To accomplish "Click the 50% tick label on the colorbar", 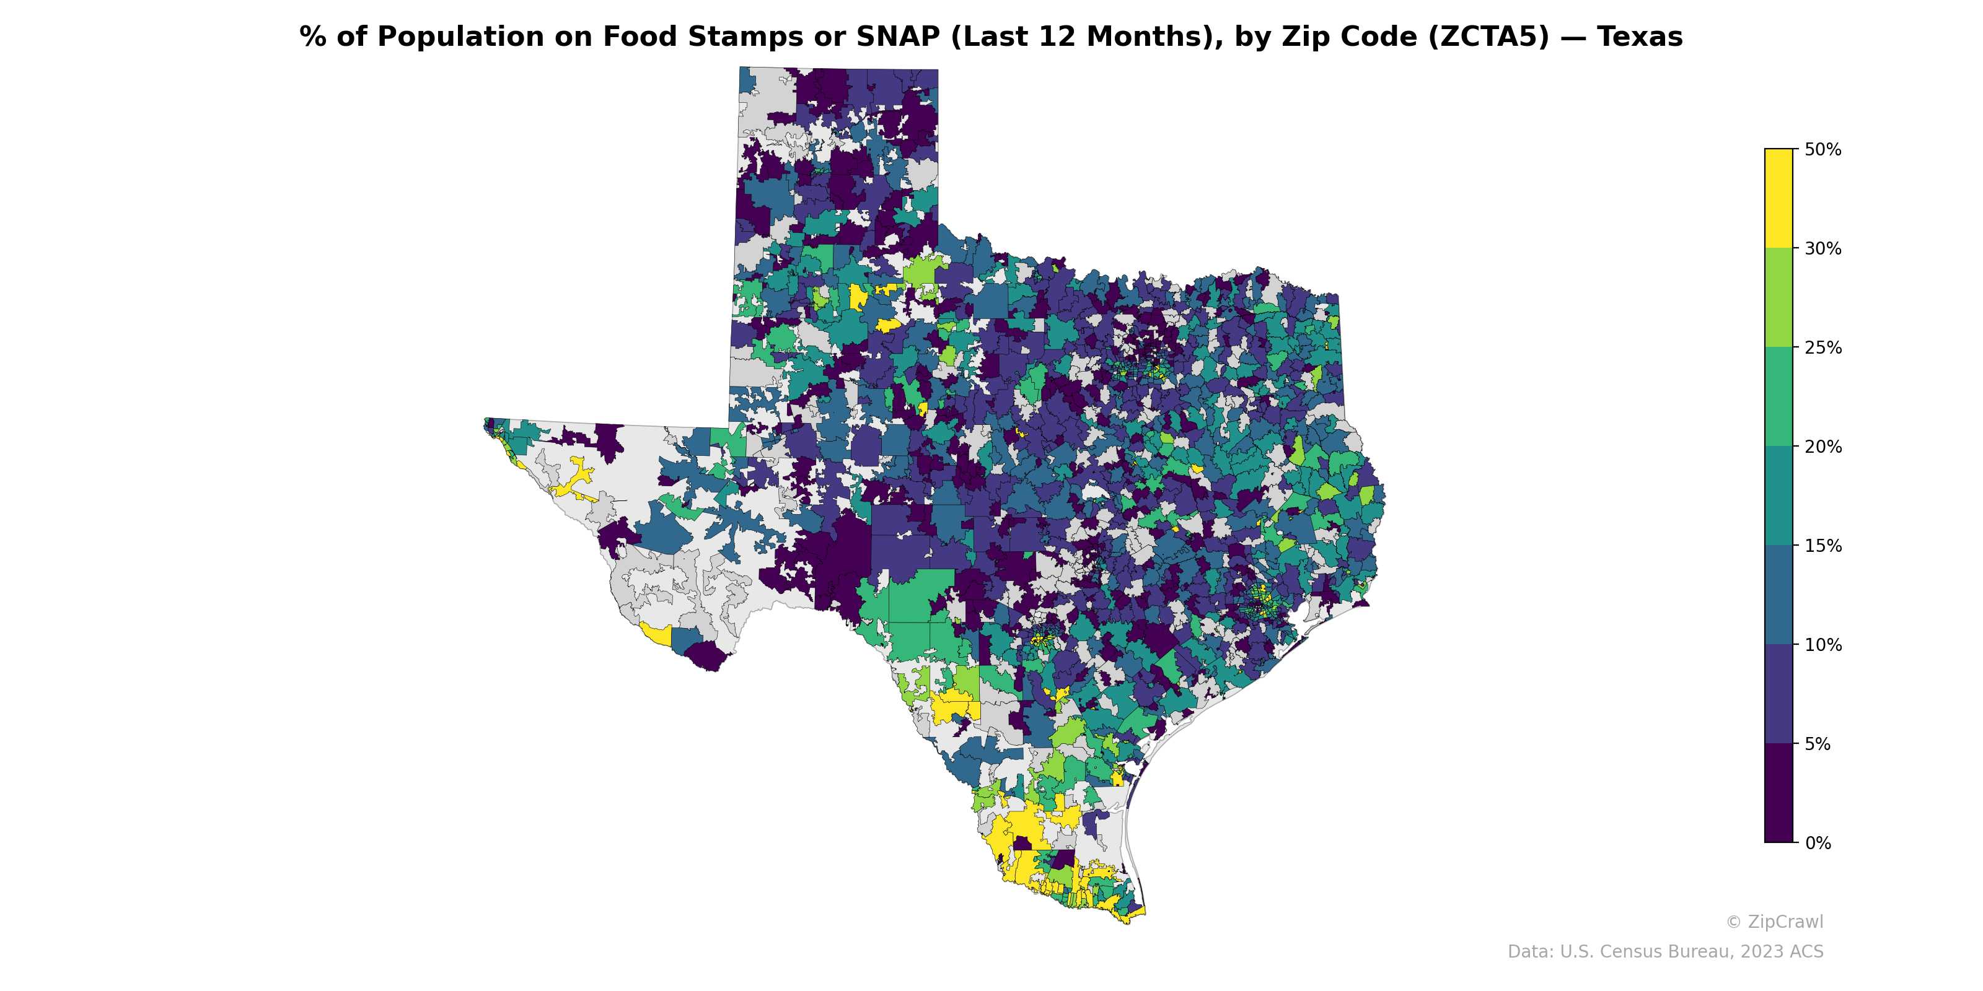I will [x=1822, y=149].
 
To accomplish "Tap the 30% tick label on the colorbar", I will [x=1822, y=248].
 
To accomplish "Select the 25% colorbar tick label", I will [x=1822, y=347].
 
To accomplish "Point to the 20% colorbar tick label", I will [x=1822, y=447].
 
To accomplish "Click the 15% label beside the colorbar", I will [x=1822, y=546].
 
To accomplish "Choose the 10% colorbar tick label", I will [x=1822, y=645].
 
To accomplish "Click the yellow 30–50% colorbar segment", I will [x=1779, y=198].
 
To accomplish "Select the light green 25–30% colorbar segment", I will [x=1779, y=298].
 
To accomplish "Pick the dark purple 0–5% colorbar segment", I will [x=1779, y=793].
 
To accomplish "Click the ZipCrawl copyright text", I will [x=1774, y=922].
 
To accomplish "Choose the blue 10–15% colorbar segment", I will [x=1779, y=595].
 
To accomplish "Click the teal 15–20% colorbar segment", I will [x=1779, y=496].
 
